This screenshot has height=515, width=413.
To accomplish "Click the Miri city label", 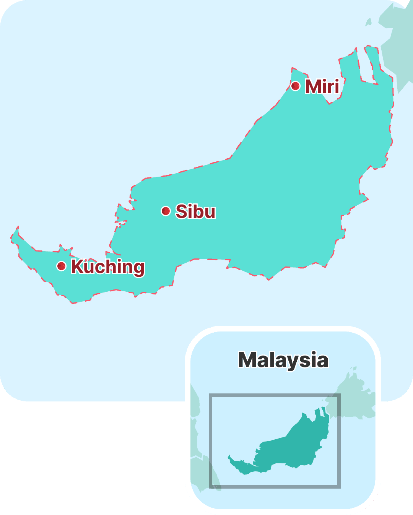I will pos(322,86).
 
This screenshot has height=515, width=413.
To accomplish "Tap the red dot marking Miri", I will pos(295,86).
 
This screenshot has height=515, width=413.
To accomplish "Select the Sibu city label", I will pos(195,211).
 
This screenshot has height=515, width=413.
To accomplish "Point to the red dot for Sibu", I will pos(166,211).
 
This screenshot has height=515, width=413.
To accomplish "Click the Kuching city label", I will pos(108,267).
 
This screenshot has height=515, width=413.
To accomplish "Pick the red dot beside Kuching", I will pos(61,266).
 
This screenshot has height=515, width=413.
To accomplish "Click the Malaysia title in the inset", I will pos(283,360).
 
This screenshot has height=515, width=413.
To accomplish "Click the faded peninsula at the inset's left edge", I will pos(203,470).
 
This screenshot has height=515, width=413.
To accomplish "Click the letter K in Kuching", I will pos(77,266).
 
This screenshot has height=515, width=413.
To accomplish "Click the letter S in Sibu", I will pos(181,211).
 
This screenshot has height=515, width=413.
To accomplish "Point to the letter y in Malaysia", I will pos(293,362).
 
